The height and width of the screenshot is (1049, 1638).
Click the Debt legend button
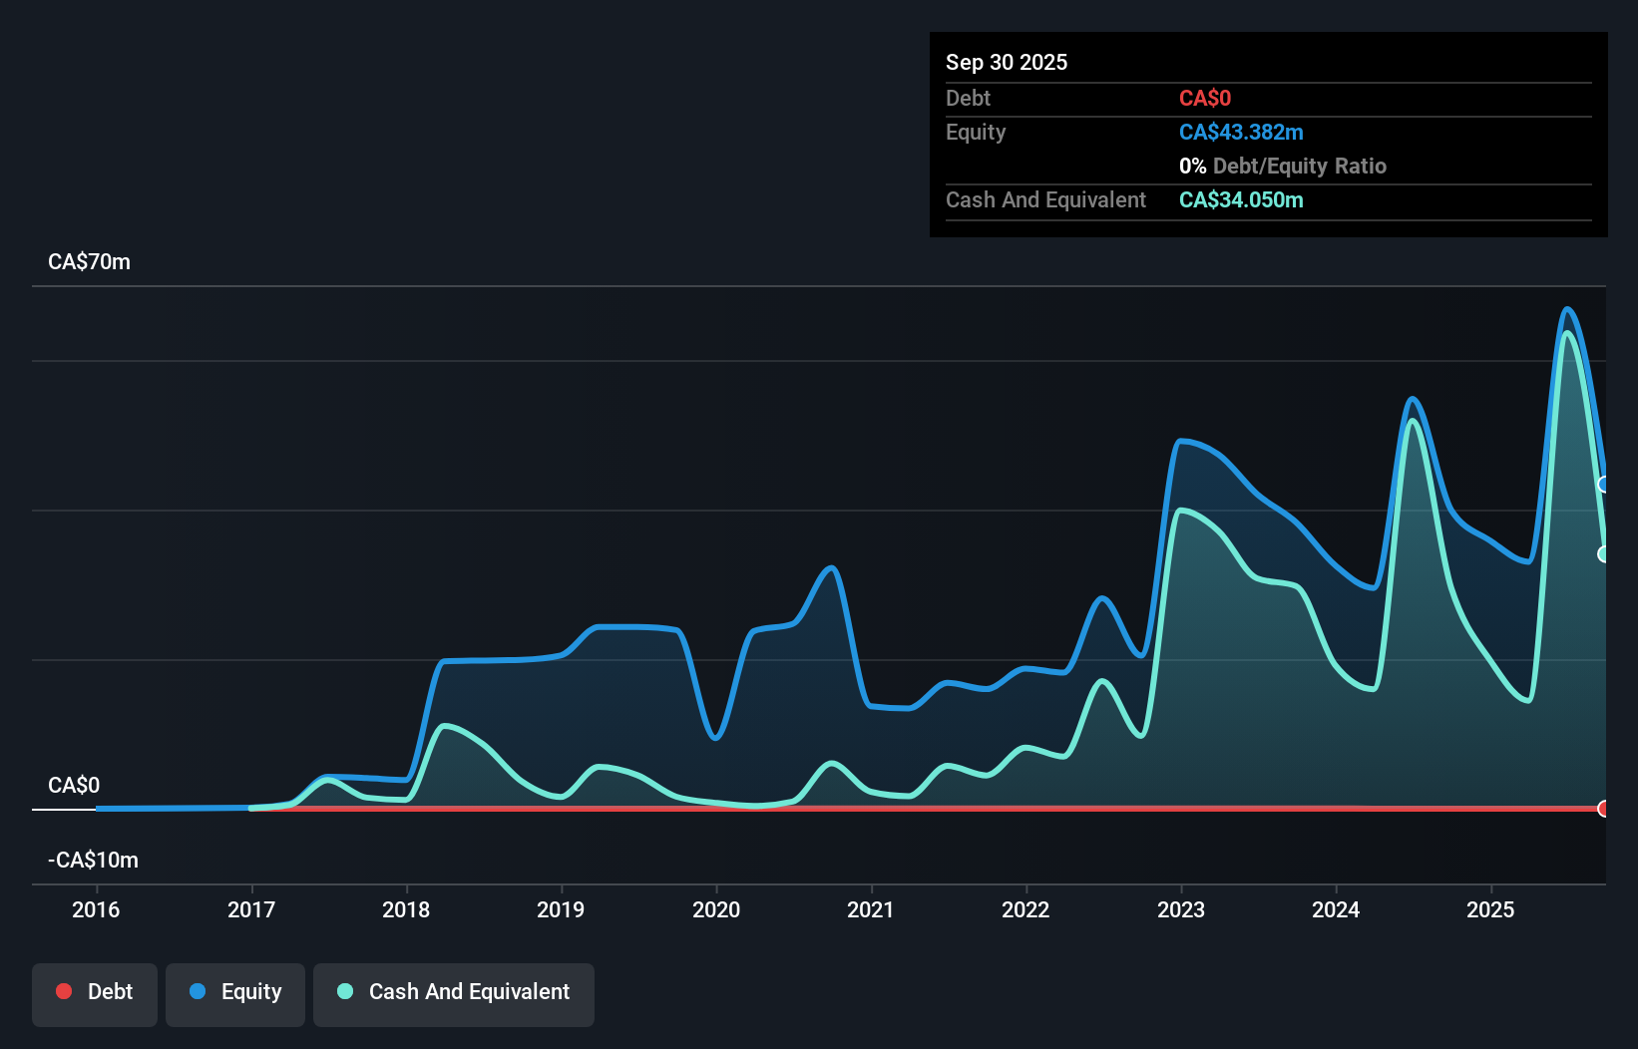(x=94, y=992)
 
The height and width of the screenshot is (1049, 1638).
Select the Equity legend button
(x=235, y=992)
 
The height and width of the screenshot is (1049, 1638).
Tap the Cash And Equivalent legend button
(x=454, y=992)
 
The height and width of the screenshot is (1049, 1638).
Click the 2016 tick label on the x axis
(x=96, y=909)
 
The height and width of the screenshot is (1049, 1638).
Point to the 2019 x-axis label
(x=561, y=909)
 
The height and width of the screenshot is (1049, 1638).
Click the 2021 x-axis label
(x=871, y=909)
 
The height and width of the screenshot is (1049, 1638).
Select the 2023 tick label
(x=1181, y=909)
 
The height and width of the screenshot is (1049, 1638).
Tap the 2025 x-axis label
(x=1490, y=909)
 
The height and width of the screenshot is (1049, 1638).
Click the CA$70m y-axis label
(x=89, y=262)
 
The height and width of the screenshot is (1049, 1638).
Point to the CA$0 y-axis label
(x=74, y=786)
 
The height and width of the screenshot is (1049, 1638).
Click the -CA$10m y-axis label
(x=94, y=861)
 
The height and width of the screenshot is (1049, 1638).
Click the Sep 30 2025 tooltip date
(x=1007, y=63)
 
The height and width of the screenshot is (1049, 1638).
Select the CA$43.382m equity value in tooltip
(x=1241, y=133)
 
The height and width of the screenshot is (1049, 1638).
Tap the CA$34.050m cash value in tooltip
(x=1241, y=200)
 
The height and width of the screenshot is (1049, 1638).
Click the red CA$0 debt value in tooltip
(x=1205, y=99)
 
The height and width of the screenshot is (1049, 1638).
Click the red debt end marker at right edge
(x=1603, y=809)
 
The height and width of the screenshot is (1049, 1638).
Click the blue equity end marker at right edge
(x=1603, y=485)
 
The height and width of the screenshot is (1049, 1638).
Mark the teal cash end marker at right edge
(x=1603, y=554)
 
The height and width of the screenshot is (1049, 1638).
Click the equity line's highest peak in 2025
(x=1567, y=310)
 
